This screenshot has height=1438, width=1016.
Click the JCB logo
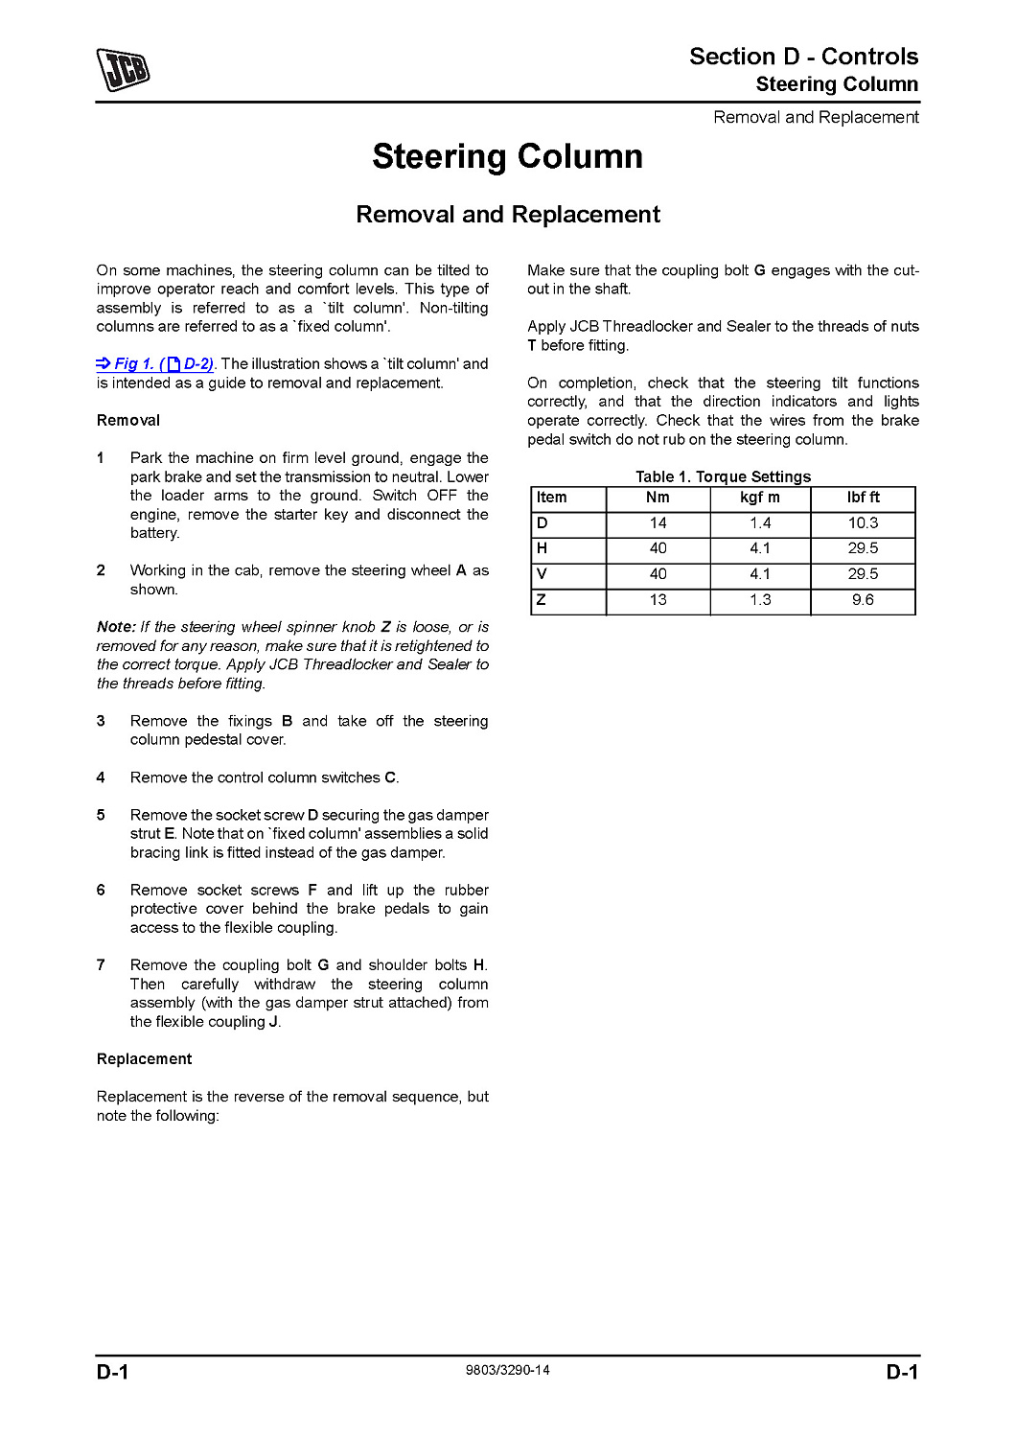(123, 70)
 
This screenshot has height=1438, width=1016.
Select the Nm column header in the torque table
(658, 498)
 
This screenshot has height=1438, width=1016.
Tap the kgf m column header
(760, 498)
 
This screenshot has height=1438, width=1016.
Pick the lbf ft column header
(863, 498)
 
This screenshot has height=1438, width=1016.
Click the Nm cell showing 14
(658, 523)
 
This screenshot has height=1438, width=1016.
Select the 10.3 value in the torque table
(863, 523)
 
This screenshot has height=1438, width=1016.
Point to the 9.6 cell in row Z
(863, 600)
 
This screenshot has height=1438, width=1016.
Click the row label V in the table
(543, 574)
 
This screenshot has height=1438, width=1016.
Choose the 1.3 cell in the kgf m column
(760, 600)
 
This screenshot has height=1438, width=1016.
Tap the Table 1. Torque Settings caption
(723, 476)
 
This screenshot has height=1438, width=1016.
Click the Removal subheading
(128, 421)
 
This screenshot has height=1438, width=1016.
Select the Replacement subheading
(145, 1059)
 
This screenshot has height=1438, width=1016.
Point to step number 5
(101, 815)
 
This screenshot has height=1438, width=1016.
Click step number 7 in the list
(101, 965)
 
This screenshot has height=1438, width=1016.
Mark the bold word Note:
(116, 627)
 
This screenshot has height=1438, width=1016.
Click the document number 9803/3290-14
(508, 1371)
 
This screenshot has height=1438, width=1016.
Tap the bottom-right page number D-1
(902, 1372)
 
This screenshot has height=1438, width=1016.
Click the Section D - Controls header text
(803, 57)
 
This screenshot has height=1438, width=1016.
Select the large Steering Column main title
(508, 156)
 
